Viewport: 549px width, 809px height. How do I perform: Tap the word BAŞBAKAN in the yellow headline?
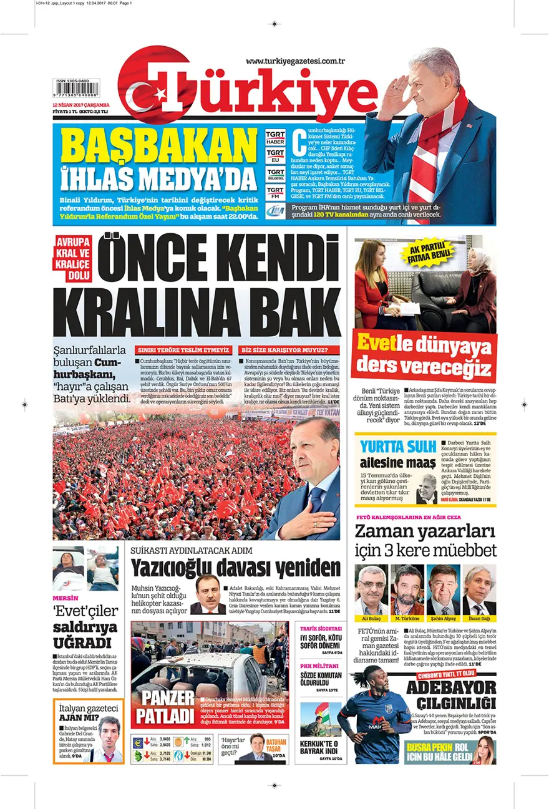152,147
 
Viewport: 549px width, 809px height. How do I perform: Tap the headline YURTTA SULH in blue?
396,447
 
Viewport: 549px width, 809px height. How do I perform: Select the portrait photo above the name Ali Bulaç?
371,589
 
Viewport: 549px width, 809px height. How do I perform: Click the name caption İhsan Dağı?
479,619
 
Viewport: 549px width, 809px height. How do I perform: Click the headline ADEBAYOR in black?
451,687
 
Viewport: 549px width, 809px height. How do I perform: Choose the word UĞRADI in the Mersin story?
82,642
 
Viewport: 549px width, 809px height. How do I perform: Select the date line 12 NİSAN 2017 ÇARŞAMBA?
81,105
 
